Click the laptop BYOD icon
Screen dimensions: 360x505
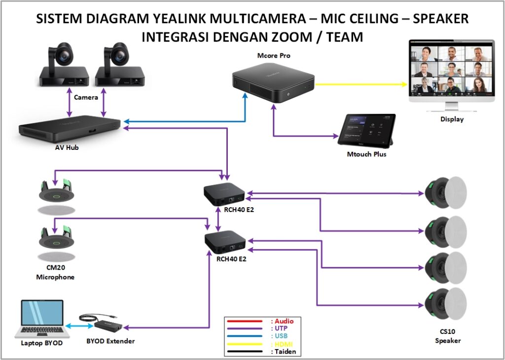tap(41, 318)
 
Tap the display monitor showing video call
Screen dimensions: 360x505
tap(451, 72)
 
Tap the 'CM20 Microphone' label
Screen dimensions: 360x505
tap(55, 273)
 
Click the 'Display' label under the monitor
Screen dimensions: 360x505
tap(452, 119)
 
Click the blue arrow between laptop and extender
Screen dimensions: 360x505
tap(79, 325)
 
